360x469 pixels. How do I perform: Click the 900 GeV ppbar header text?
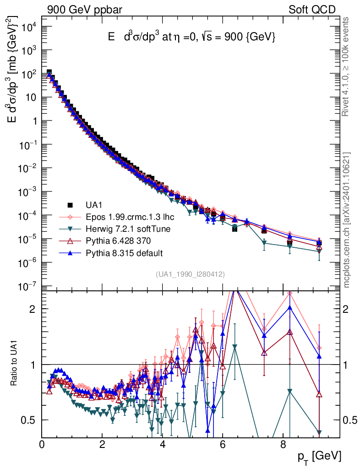pyautogui.click(x=85, y=10)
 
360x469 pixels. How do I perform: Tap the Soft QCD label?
pyautogui.click(x=312, y=10)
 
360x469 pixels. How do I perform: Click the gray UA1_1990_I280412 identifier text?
pyautogui.click(x=190, y=274)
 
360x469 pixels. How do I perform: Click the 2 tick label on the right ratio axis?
pyautogui.click(x=345, y=309)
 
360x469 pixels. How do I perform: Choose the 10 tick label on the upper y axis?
pyautogui.click(x=31, y=98)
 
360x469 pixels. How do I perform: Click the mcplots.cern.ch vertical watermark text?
pyautogui.click(x=346, y=220)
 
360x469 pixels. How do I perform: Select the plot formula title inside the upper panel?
pyautogui.click(x=191, y=37)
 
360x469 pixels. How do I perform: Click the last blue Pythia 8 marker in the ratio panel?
pyautogui.click(x=319, y=356)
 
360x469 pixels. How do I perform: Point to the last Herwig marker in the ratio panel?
pyautogui.click(x=319, y=432)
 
